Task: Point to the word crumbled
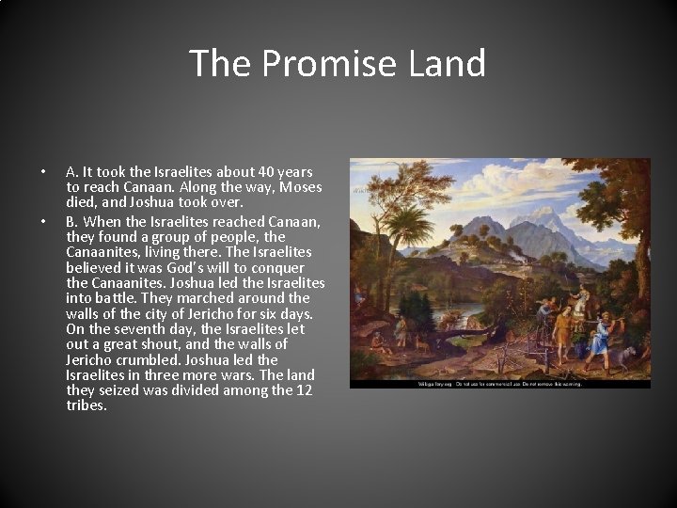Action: pos(150,359)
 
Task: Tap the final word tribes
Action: pos(87,405)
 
